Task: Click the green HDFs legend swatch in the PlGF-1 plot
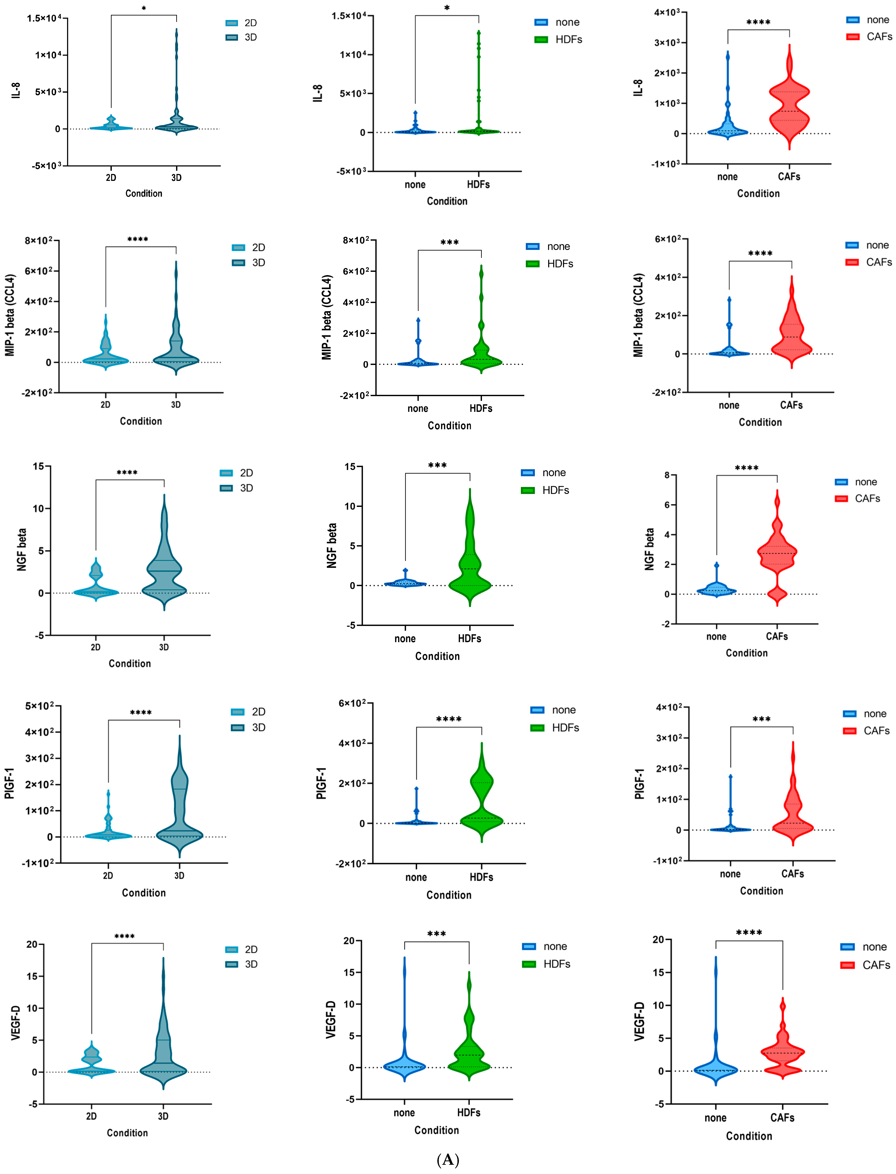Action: [x=537, y=728]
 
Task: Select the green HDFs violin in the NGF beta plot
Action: [x=470, y=571]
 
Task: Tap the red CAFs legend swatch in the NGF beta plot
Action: [x=841, y=499]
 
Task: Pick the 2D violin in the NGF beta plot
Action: [x=96, y=587]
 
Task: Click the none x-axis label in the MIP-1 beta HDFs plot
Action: [x=418, y=409]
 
